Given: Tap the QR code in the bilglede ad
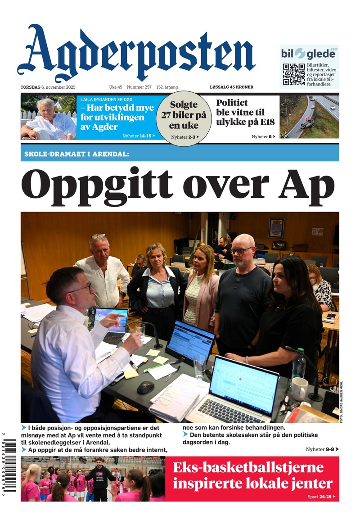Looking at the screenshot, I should [294, 74].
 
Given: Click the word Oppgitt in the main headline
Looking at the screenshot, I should [97, 185].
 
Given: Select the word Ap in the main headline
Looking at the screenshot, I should [308, 185].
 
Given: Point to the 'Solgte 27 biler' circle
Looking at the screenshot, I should [184, 118].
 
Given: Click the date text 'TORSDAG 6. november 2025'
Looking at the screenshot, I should [48, 87].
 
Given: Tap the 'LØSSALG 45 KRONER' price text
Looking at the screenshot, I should [231, 87].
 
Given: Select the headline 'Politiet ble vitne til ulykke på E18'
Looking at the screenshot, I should [245, 112].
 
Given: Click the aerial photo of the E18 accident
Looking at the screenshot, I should [309, 117].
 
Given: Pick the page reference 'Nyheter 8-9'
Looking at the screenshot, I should [322, 449].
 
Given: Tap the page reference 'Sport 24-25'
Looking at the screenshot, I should [323, 497].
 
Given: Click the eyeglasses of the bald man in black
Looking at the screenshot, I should [241, 250].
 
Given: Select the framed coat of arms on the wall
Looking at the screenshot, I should [276, 228].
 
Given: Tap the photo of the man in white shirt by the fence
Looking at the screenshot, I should [49, 118].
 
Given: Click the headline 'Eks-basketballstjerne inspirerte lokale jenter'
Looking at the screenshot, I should [252, 475].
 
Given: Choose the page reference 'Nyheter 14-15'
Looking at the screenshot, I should [139, 136].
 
